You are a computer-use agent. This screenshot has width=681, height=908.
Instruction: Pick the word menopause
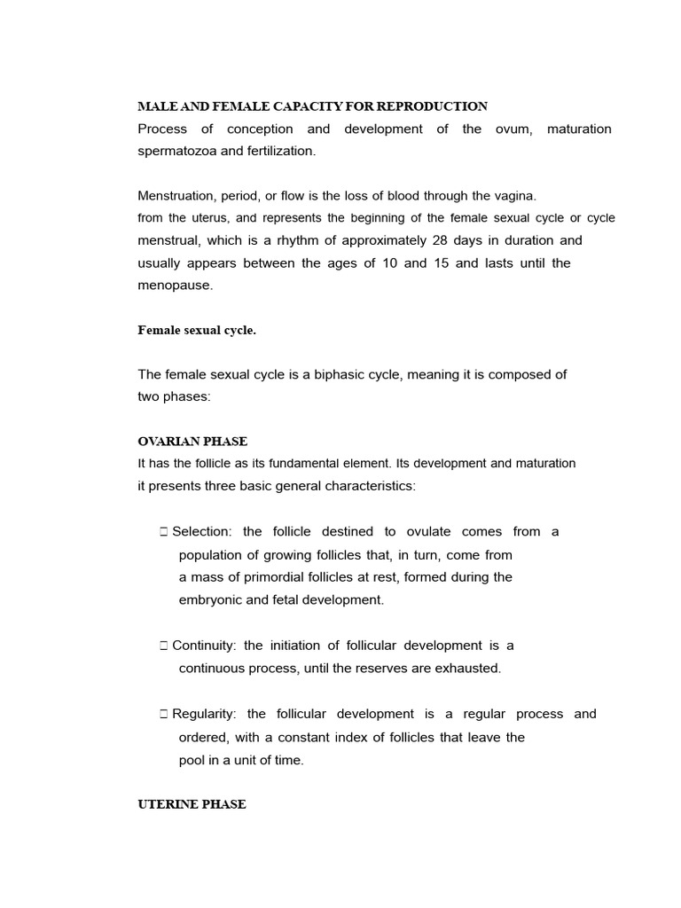(x=175, y=286)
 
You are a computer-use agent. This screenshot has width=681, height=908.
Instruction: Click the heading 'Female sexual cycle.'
(x=197, y=330)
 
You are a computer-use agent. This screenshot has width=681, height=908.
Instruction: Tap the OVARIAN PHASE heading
(x=192, y=441)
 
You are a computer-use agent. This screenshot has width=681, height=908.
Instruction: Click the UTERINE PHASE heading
(x=192, y=804)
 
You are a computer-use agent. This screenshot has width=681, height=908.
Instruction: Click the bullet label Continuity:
(x=204, y=646)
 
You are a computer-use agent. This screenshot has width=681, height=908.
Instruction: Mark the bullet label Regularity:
(x=206, y=714)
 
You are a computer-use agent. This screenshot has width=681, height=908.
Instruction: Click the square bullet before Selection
(x=164, y=532)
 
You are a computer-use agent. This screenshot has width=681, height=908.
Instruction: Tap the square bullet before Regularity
(x=164, y=714)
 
